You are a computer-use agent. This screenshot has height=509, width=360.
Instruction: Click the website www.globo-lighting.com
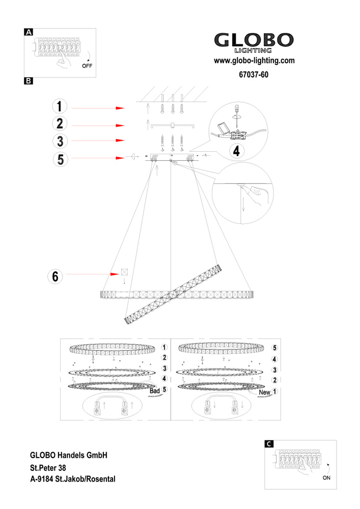(x=254, y=61)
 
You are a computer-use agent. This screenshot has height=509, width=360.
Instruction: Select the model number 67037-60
(x=253, y=75)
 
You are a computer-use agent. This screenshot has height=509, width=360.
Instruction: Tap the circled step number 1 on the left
(x=60, y=107)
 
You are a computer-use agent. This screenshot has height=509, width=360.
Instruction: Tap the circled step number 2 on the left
(x=60, y=124)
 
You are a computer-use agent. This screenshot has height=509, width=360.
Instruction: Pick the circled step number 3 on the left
(x=60, y=140)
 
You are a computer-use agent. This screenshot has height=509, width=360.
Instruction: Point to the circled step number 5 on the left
(x=60, y=159)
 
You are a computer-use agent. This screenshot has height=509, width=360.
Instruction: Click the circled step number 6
(x=55, y=276)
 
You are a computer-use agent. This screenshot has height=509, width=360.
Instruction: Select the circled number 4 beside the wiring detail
(x=235, y=150)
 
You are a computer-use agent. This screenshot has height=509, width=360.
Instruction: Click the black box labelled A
(x=29, y=32)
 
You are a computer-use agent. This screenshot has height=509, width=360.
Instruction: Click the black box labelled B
(x=29, y=80)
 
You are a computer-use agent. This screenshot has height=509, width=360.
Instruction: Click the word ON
(x=326, y=478)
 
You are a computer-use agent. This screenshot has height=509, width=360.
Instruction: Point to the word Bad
(x=155, y=390)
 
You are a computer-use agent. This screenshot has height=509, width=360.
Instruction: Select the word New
(x=264, y=392)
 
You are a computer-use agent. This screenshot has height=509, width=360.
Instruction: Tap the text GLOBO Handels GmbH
(x=68, y=454)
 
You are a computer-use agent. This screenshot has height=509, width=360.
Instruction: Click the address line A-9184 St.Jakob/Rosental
(x=73, y=479)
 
